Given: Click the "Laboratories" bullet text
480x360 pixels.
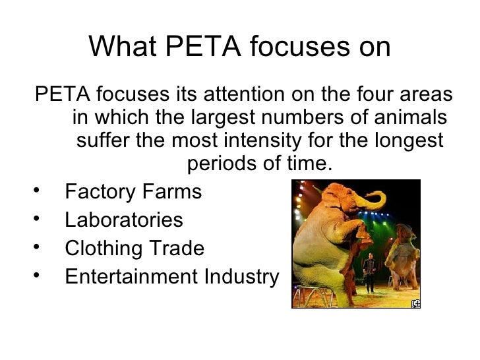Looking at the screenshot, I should (124, 220).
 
